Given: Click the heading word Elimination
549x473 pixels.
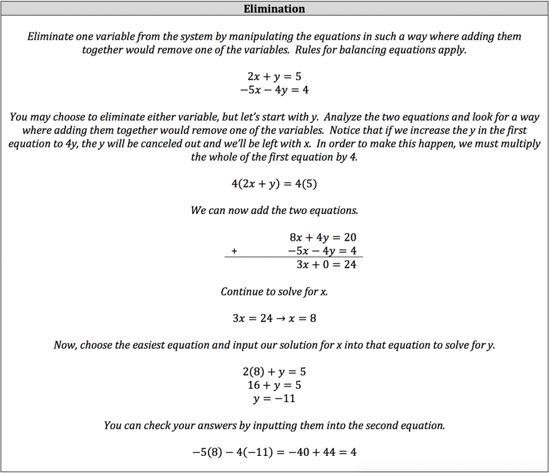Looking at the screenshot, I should pyautogui.click(x=274, y=9).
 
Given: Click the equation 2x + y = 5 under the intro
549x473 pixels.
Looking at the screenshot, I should pyautogui.click(x=274, y=77).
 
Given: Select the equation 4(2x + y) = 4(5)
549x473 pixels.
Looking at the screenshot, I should pyautogui.click(x=274, y=183).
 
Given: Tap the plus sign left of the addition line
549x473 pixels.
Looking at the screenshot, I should pyautogui.click(x=234, y=251).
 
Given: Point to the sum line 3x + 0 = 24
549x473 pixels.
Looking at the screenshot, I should pyautogui.click(x=326, y=264).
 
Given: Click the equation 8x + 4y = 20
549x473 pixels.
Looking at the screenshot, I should pyautogui.click(x=323, y=238).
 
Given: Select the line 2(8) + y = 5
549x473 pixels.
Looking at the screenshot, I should pyautogui.click(x=274, y=372).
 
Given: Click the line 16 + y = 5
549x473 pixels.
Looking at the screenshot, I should pyautogui.click(x=274, y=385).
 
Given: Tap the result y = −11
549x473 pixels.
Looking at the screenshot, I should pyautogui.click(x=274, y=398).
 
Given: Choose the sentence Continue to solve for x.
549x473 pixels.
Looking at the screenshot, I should pyautogui.click(x=274, y=292).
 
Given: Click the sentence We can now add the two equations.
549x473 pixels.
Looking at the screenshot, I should pyautogui.click(x=274, y=211).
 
